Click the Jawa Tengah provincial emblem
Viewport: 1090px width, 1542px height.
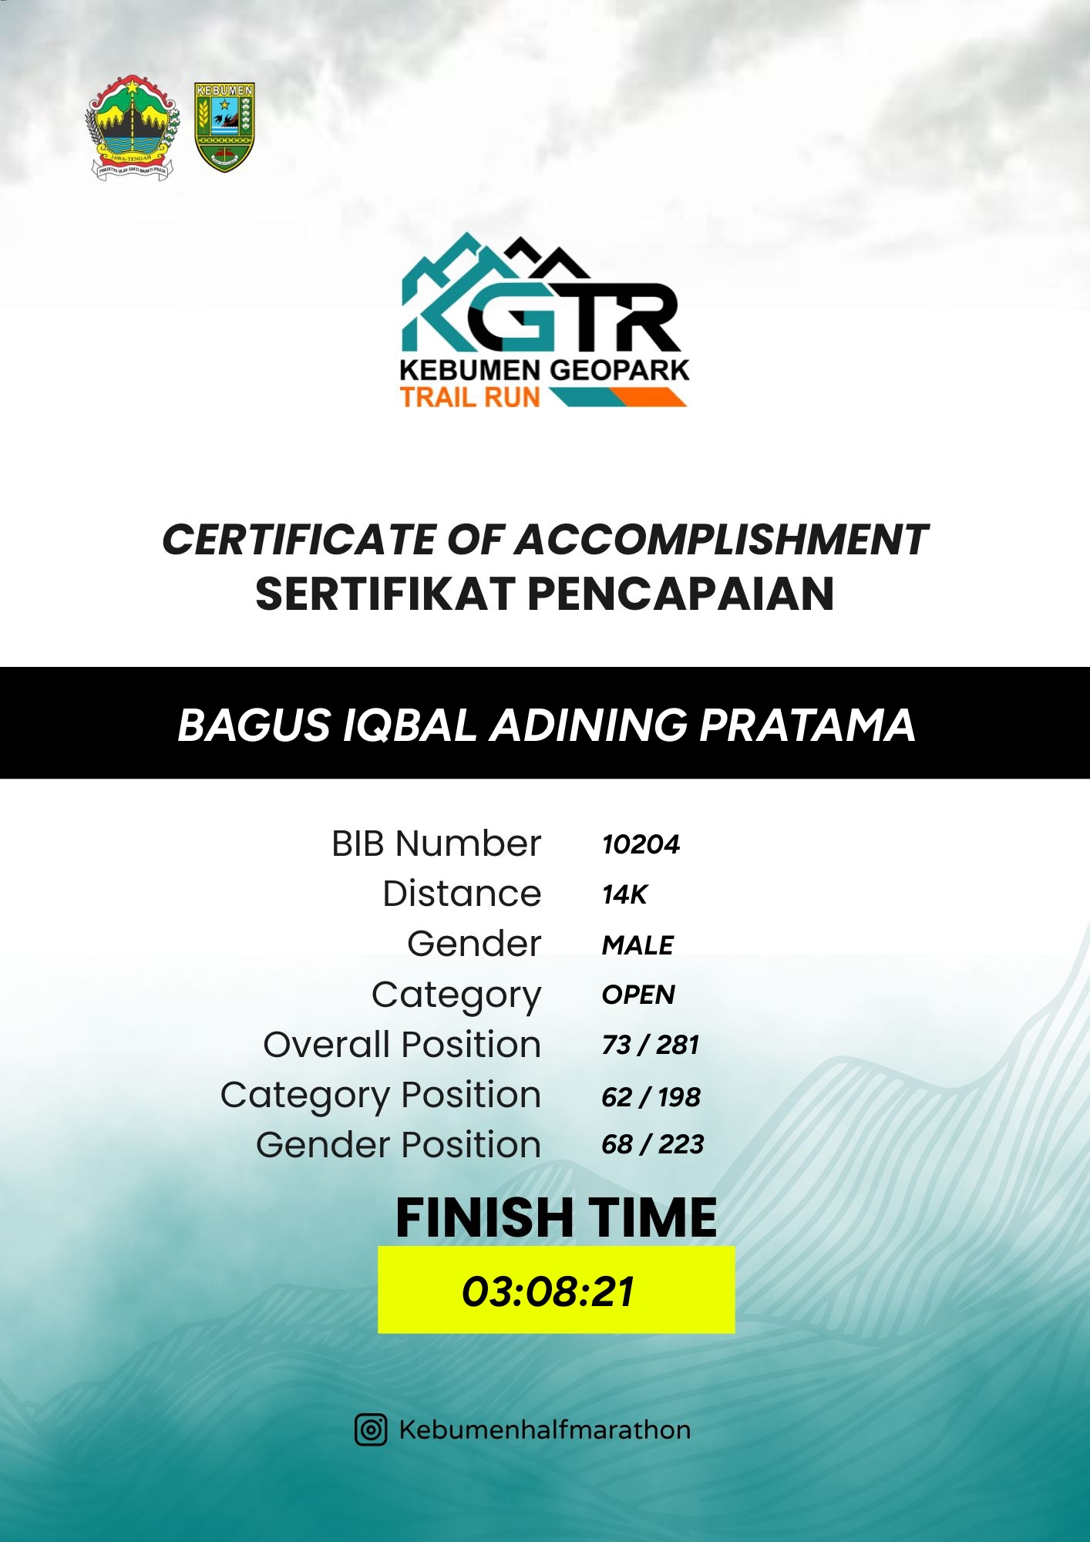[x=133, y=128]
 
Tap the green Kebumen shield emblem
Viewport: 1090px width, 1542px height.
[x=224, y=127]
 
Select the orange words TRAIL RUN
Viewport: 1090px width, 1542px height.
[x=470, y=397]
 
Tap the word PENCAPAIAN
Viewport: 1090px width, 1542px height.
[x=681, y=594]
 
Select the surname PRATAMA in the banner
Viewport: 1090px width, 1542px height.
[x=807, y=726]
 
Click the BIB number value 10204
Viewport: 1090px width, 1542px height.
[x=641, y=845]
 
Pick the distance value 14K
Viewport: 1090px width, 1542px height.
[x=624, y=895]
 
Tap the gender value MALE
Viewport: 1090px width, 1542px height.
[x=638, y=945]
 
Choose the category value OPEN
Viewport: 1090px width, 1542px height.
[x=638, y=995]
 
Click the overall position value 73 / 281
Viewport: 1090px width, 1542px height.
[x=650, y=1045]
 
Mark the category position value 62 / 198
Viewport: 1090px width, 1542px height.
[x=651, y=1097]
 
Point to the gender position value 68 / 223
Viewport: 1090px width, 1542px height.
[x=652, y=1145]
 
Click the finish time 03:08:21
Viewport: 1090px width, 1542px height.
[x=548, y=1292]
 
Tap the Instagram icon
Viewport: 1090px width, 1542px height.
[x=371, y=1430]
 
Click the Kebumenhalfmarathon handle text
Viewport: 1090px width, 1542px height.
[x=544, y=1430]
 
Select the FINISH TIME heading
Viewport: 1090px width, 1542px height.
[x=556, y=1218]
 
